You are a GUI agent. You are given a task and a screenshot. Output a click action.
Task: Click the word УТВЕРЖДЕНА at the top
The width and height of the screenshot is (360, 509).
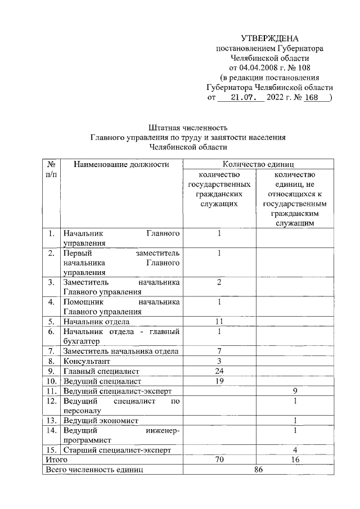point(269,38)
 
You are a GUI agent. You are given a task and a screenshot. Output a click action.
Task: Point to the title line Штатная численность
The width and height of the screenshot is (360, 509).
point(188,127)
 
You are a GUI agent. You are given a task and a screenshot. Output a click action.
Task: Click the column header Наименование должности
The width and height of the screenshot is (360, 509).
point(121,164)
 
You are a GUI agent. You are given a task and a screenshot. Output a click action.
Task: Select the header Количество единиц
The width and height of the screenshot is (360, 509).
point(258,164)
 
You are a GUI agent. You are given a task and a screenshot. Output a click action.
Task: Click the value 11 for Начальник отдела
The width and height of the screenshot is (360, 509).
point(220,321)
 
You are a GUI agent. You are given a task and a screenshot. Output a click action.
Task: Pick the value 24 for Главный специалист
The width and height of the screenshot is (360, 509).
point(220,371)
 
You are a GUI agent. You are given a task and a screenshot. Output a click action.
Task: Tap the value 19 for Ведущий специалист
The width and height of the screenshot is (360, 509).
point(220,381)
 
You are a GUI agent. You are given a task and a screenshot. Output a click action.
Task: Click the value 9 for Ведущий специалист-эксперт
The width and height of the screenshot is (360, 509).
point(295,390)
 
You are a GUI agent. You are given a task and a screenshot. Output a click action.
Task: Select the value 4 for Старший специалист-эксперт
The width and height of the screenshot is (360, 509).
point(295,450)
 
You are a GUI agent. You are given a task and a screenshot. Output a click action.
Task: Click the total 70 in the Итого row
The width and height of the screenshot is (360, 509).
point(220,460)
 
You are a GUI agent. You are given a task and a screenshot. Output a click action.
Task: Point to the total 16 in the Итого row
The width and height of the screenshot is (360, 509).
point(295,460)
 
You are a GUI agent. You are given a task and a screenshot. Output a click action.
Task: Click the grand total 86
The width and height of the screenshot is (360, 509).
point(258,469)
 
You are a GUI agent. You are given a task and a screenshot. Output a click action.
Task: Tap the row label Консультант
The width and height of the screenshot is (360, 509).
point(87,361)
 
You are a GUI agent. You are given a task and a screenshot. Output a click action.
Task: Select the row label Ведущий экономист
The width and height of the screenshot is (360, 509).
point(101,420)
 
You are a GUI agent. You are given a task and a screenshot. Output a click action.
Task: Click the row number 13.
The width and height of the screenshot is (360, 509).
point(51,420)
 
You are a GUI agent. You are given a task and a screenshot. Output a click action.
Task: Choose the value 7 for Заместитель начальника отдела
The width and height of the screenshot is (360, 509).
point(220,351)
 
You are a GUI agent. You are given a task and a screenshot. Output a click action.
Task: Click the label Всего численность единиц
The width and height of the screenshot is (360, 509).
point(95,469)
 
